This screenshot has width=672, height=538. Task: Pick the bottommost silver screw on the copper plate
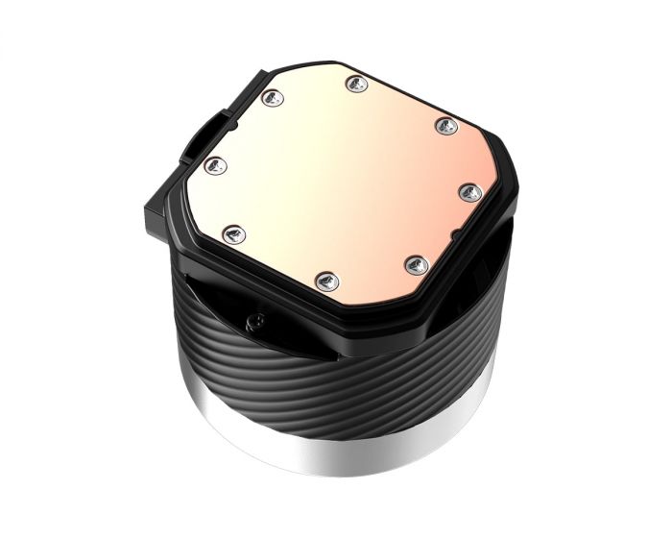pos(325,281)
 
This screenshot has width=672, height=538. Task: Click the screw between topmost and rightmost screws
pos(444,125)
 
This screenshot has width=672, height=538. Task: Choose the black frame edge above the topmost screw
pos(357,65)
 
